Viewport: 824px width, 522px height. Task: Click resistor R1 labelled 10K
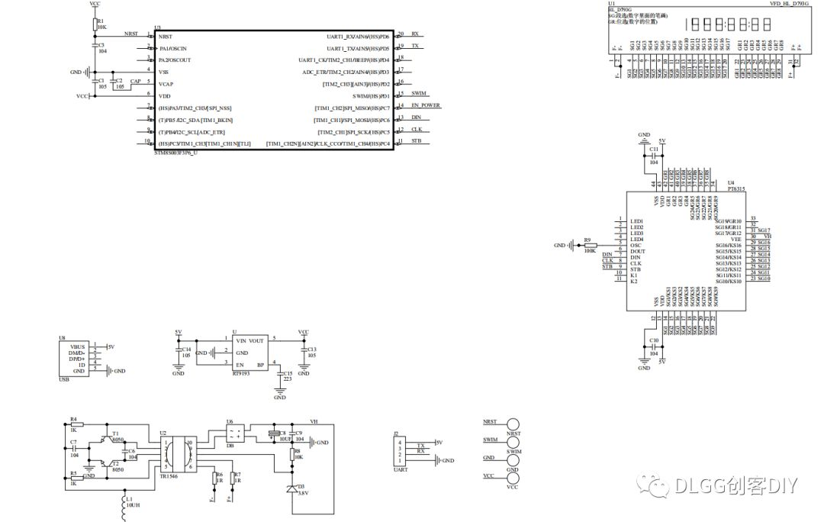[95, 25]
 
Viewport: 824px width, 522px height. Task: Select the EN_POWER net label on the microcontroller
[426, 105]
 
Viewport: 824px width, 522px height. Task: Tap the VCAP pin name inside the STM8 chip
[166, 84]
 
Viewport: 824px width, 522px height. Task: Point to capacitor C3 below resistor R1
[95, 47]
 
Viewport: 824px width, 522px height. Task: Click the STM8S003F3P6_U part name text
[176, 153]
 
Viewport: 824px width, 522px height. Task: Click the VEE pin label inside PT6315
[735, 239]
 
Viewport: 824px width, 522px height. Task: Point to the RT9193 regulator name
[241, 374]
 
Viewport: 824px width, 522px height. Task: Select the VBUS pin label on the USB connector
[77, 346]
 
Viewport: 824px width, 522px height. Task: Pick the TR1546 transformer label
[169, 475]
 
